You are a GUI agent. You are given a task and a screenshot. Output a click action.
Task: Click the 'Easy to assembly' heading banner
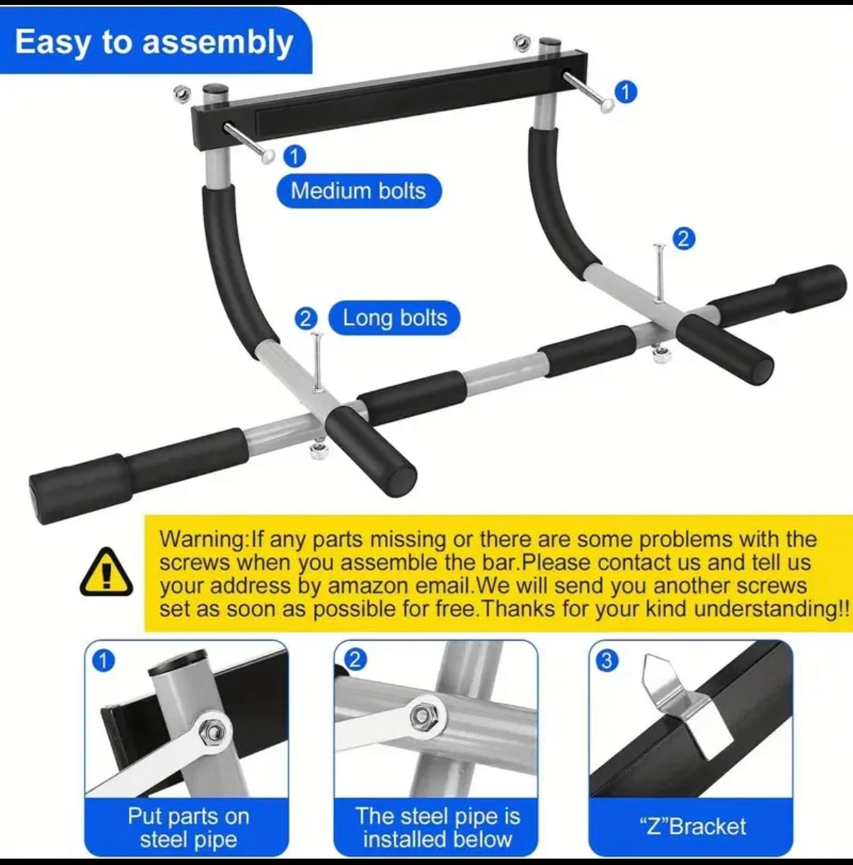click(x=154, y=42)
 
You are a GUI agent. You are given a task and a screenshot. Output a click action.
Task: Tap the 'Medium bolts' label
click(x=358, y=191)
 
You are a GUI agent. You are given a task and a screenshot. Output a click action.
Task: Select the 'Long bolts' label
click(x=394, y=319)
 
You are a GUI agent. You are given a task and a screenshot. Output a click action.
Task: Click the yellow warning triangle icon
click(x=107, y=572)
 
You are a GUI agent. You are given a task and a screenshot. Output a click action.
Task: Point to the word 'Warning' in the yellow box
click(x=202, y=539)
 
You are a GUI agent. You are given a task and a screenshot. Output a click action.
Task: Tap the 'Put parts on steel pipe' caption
click(x=188, y=827)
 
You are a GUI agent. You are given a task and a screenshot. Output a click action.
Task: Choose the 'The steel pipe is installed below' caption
click(x=437, y=827)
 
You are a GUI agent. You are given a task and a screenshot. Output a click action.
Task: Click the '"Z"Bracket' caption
click(x=692, y=827)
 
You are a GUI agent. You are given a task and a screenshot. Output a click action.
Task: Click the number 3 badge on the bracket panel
click(x=607, y=660)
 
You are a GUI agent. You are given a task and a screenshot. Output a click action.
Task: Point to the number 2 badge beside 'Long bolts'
click(x=305, y=319)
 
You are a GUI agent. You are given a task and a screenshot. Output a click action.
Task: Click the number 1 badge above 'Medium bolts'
click(x=294, y=156)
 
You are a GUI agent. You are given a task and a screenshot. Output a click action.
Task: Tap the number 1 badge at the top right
click(x=626, y=92)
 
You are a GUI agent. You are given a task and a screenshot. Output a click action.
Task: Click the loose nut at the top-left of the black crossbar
click(x=181, y=93)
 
